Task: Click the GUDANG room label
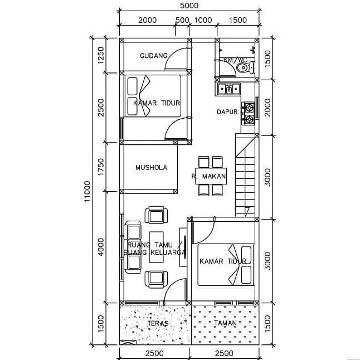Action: pyautogui.click(x=154, y=56)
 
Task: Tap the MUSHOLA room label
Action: pyautogui.click(x=151, y=167)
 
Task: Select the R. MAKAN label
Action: pyautogui.click(x=208, y=177)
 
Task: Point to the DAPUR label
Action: pyautogui.click(x=227, y=112)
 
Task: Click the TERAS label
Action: pyautogui.click(x=158, y=323)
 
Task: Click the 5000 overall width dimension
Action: pyautogui.click(x=189, y=6)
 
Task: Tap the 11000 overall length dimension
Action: pyautogui.click(x=87, y=192)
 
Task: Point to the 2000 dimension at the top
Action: pyautogui.click(x=147, y=20)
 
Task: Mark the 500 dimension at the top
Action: pyautogui.click(x=182, y=20)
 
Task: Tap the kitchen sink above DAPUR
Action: pyautogui.click(x=228, y=88)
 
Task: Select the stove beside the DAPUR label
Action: pyautogui.click(x=248, y=112)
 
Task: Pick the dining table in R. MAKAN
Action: pyautogui.click(x=210, y=176)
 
